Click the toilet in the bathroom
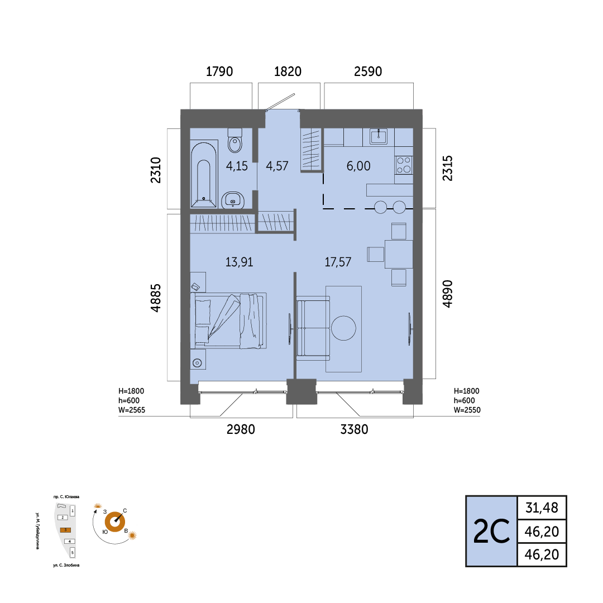coord(235,141)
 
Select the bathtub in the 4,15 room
coord(204,175)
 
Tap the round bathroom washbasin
coord(233,200)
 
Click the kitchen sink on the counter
coord(379,136)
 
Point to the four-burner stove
coord(404,165)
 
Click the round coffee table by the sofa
coord(343,328)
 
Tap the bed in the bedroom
coord(228,320)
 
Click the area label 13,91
coord(239,262)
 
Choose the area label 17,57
coord(338,262)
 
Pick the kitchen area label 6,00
coord(358,166)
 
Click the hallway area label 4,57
coord(277,166)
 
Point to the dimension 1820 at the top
coord(288,71)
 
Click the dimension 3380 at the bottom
coord(354,429)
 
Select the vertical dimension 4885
coord(156,298)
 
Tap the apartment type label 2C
coord(491,532)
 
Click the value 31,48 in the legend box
coord(542,508)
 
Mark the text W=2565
coord(132,410)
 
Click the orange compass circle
coord(115,522)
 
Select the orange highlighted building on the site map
coord(65,530)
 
